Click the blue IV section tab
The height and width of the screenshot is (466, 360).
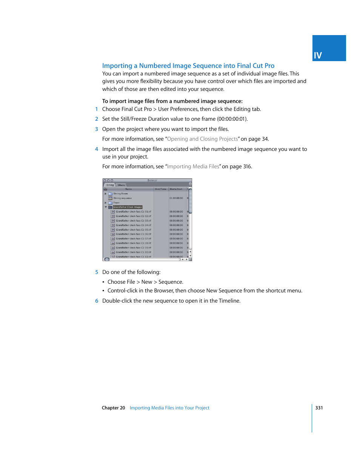(x=329, y=48)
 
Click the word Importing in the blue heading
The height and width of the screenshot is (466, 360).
(x=117, y=66)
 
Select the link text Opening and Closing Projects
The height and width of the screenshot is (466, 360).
(x=203, y=139)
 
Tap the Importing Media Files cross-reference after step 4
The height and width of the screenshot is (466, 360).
(x=193, y=166)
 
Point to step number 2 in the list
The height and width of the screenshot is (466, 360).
(x=97, y=119)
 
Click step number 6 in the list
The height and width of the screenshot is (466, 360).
(x=97, y=301)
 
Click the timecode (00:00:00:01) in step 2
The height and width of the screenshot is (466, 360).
(x=232, y=119)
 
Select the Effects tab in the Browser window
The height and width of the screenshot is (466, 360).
(x=121, y=185)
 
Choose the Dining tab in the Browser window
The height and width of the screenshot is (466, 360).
(x=110, y=185)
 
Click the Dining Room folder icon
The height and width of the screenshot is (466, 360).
(x=111, y=194)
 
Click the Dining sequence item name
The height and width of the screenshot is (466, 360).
(x=122, y=198)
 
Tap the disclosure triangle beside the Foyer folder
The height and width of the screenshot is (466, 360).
(x=106, y=203)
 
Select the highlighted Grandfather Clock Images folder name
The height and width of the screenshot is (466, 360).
(x=128, y=207)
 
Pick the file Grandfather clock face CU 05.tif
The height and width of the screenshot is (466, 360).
(x=133, y=230)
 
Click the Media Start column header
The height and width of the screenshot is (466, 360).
(x=176, y=189)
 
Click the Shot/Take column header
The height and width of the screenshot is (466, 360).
(x=160, y=189)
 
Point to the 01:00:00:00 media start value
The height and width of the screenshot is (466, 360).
(x=176, y=198)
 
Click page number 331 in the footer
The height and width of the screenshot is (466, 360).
(x=319, y=408)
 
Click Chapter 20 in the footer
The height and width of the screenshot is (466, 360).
(x=113, y=408)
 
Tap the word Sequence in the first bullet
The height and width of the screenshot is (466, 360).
(x=170, y=282)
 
